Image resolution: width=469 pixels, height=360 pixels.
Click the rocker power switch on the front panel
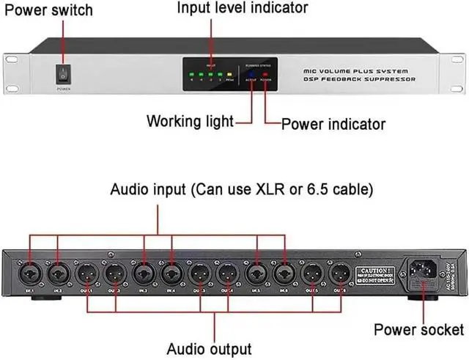(63, 74)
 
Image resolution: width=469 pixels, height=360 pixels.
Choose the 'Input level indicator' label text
(233, 9)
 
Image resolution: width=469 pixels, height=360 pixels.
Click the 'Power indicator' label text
(334, 124)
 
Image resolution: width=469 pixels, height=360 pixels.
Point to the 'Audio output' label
(210, 348)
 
